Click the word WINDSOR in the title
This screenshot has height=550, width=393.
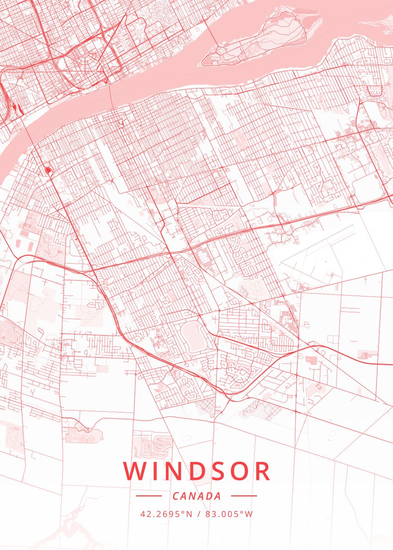(x=196, y=471)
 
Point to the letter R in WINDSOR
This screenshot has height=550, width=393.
(x=261, y=471)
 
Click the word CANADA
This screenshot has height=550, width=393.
(x=197, y=496)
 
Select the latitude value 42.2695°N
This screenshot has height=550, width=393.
(x=166, y=514)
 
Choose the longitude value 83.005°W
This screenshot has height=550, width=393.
(x=229, y=514)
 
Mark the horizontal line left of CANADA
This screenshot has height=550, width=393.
(x=149, y=496)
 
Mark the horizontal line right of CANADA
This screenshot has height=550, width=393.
(x=244, y=496)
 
